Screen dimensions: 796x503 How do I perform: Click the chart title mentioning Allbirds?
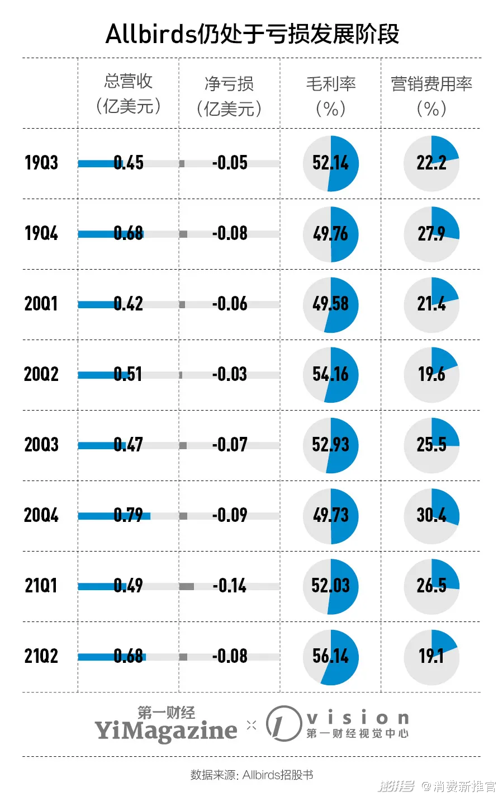point(252,34)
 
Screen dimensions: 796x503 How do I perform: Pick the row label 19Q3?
point(41,163)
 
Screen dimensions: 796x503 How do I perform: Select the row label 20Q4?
point(41,515)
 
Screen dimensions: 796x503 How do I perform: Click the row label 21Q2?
point(41,656)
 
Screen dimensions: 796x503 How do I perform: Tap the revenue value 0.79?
point(128,515)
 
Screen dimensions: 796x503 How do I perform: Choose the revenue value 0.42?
point(128,304)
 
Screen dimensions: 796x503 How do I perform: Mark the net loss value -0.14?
point(229,586)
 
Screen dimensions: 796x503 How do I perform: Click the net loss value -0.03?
point(229,374)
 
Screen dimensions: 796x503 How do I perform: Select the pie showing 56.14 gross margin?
point(331,657)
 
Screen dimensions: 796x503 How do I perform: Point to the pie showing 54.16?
point(331,375)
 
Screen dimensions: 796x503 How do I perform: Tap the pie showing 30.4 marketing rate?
point(431,516)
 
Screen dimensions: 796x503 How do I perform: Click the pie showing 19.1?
point(431,657)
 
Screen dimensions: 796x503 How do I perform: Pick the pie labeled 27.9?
point(431,234)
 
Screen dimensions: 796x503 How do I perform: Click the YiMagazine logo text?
point(165,730)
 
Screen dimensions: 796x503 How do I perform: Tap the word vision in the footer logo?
point(358,718)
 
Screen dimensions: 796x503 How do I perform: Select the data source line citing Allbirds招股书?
point(251,775)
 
